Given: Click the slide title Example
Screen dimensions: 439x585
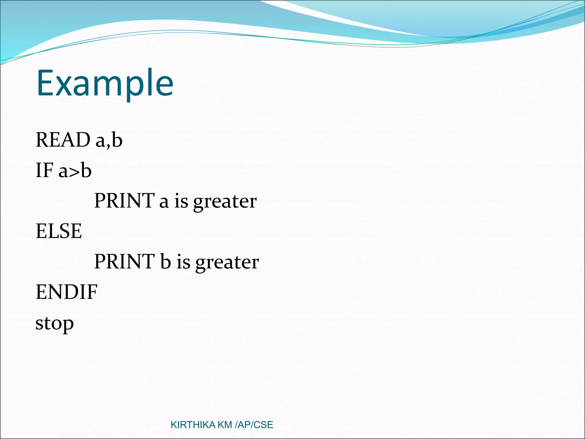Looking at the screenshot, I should (105, 83).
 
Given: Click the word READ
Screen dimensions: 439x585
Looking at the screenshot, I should (63, 140).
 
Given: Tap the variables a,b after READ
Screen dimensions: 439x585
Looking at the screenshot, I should (109, 140).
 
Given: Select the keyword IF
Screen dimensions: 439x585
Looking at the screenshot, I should (45, 170).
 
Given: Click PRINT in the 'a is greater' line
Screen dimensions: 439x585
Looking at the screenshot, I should (124, 201).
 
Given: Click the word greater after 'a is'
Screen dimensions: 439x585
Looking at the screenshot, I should (225, 202).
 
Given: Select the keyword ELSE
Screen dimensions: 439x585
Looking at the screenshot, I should (59, 231).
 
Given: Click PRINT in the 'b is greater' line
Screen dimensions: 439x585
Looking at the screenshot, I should (124, 262).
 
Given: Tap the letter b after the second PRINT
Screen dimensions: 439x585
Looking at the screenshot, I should (165, 262).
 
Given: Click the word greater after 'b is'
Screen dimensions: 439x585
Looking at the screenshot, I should (227, 263).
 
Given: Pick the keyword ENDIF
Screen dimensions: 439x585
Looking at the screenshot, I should (66, 292).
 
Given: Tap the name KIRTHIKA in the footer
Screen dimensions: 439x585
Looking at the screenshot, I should (193, 425).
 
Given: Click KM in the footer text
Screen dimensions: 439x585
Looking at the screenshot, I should (225, 425).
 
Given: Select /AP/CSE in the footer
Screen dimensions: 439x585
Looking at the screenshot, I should (254, 425).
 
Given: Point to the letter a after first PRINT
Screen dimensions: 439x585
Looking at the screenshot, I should (164, 202).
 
